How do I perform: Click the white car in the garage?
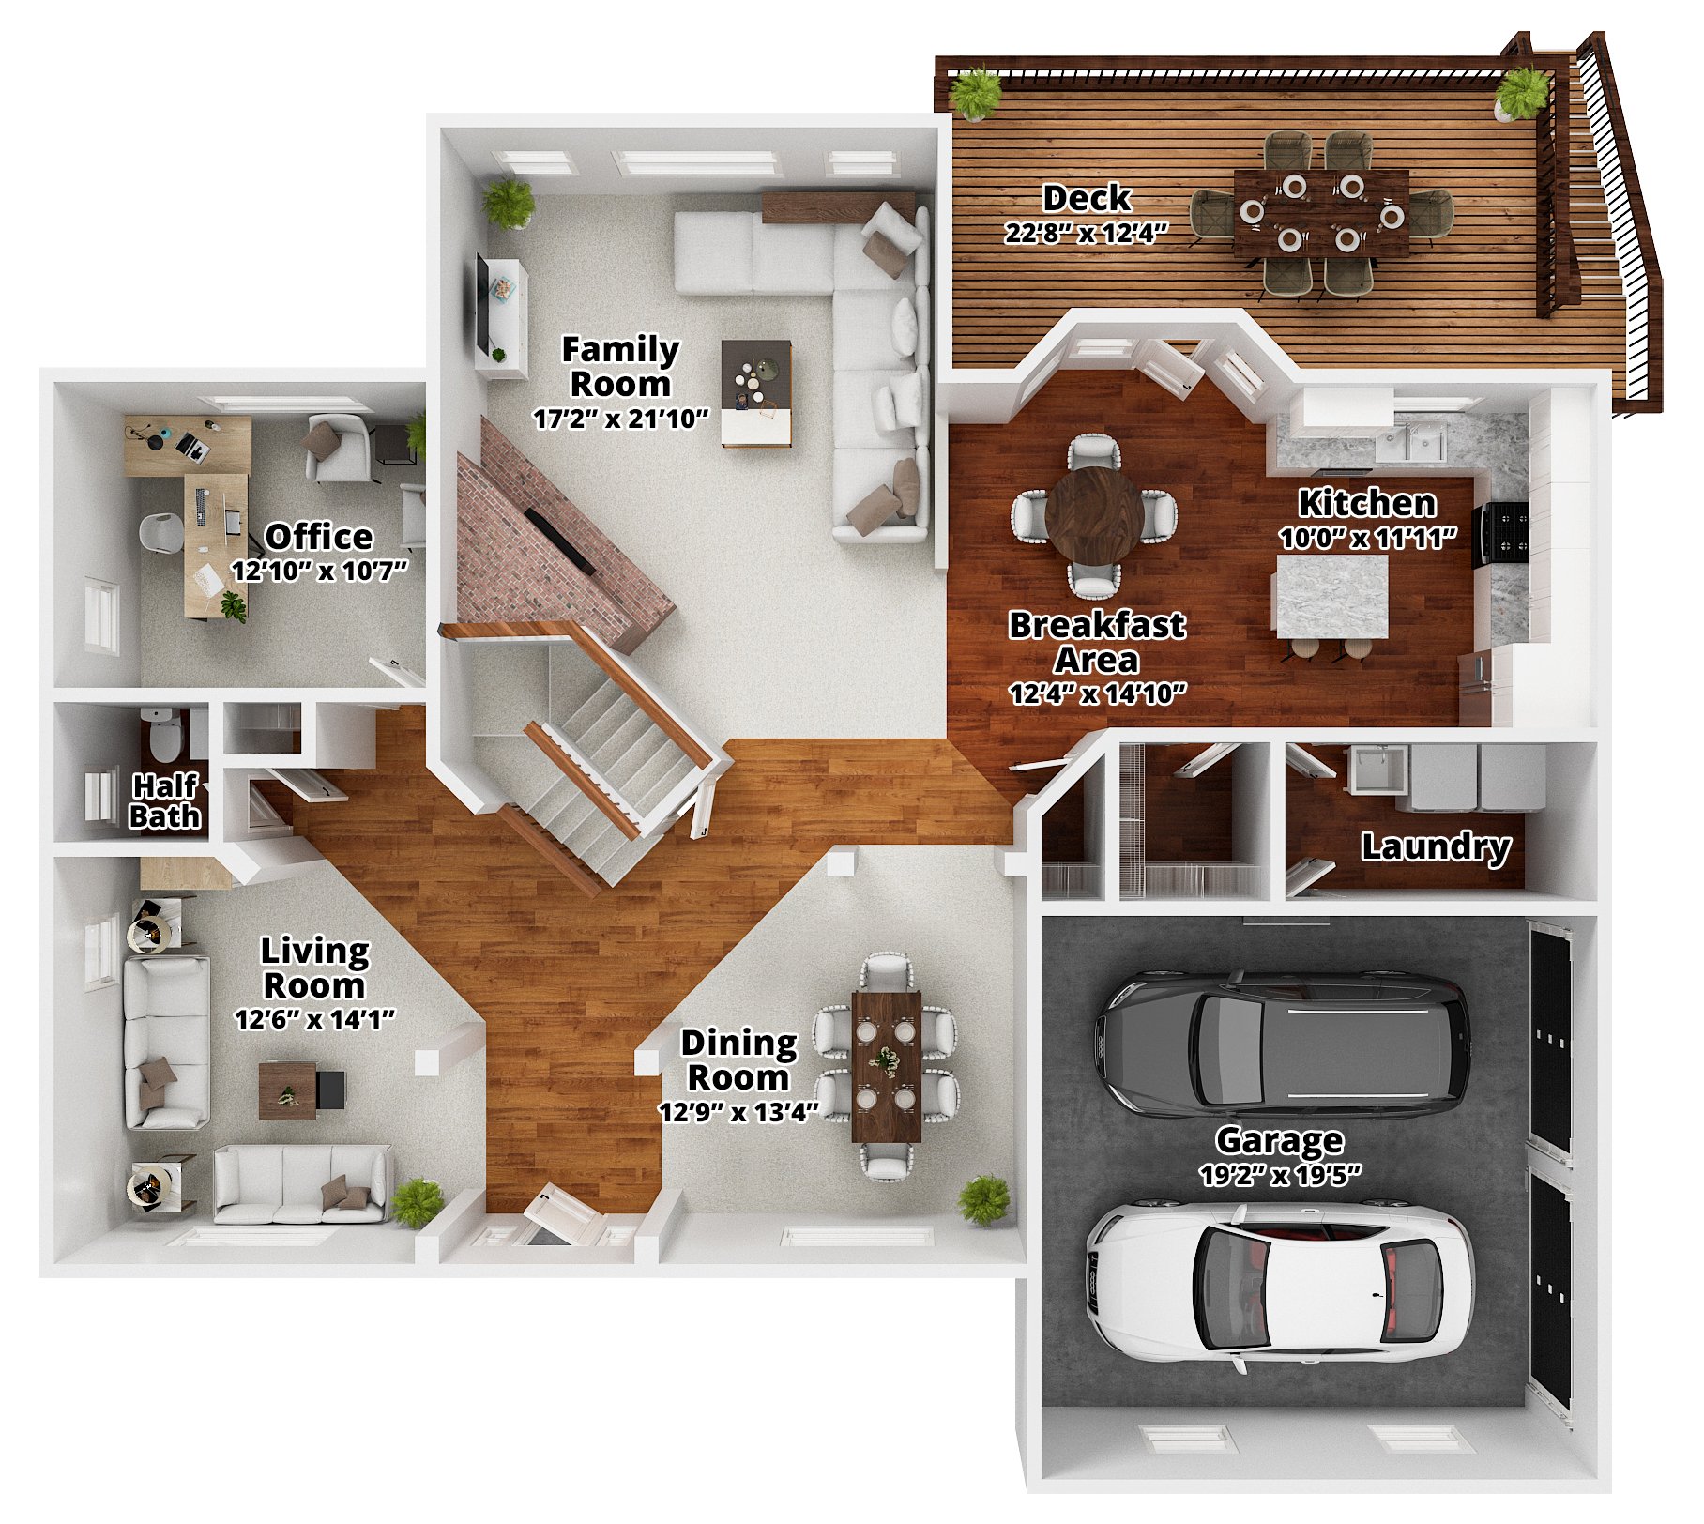click(x=1279, y=1283)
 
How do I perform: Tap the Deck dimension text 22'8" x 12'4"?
click(x=1086, y=233)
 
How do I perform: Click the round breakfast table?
click(x=1094, y=517)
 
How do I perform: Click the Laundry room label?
click(x=1436, y=847)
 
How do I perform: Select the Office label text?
click(x=319, y=537)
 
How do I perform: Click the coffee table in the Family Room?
click(x=756, y=393)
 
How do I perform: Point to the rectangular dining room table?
click(x=886, y=1066)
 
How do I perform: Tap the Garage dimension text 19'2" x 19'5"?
click(x=1280, y=1175)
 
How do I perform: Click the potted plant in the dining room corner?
click(x=984, y=1200)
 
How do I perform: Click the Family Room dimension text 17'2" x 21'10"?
click(x=621, y=419)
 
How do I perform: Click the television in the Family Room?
click(x=482, y=302)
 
